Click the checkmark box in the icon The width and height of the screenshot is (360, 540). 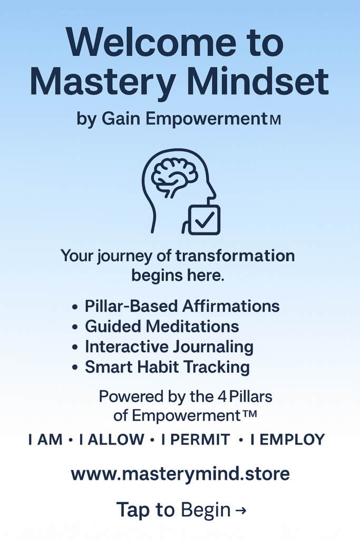[204, 219]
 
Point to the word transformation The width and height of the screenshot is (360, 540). [235, 256]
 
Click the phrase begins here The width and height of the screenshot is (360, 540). [178, 275]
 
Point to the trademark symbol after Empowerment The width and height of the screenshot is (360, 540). [249, 413]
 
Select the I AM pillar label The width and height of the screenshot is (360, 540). [45, 439]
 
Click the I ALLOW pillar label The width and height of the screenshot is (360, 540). [112, 439]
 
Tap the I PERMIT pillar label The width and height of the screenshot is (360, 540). [196, 439]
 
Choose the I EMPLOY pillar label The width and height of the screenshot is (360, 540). [288, 439]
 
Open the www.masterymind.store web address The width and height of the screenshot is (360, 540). [180, 474]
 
